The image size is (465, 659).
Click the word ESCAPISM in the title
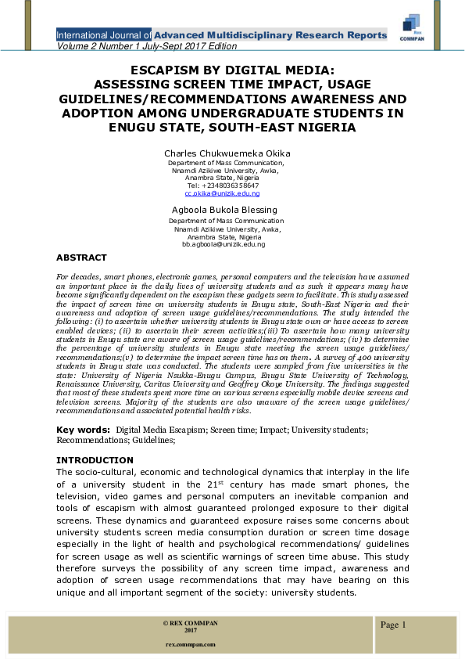tap(159, 70)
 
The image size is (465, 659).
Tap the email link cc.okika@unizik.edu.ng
tap(222, 193)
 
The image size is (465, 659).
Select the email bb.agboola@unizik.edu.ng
tap(224, 244)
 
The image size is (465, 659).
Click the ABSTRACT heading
tap(81, 257)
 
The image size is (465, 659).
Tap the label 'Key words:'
tap(84, 430)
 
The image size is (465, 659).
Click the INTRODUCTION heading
tap(95, 460)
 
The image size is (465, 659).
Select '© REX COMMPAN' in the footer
tap(190, 623)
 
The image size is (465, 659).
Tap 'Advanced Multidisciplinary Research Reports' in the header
tap(270, 35)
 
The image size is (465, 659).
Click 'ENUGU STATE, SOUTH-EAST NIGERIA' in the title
tap(232, 128)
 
